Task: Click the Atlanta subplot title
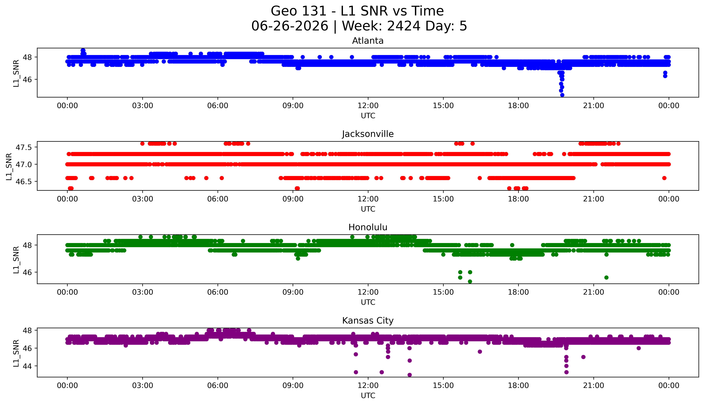pyautogui.click(x=368, y=41)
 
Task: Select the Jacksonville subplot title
pyautogui.click(x=368, y=134)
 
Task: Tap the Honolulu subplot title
pyautogui.click(x=368, y=227)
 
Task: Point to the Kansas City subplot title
pyautogui.click(x=368, y=321)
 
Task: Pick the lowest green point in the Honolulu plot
pyautogui.click(x=470, y=281)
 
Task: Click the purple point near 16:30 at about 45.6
pyautogui.click(x=480, y=352)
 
